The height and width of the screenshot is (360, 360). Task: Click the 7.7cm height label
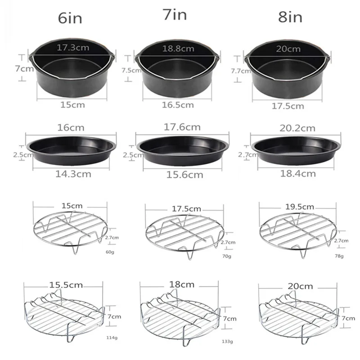pos(241,71)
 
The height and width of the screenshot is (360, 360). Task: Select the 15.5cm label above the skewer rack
pos(66,285)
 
